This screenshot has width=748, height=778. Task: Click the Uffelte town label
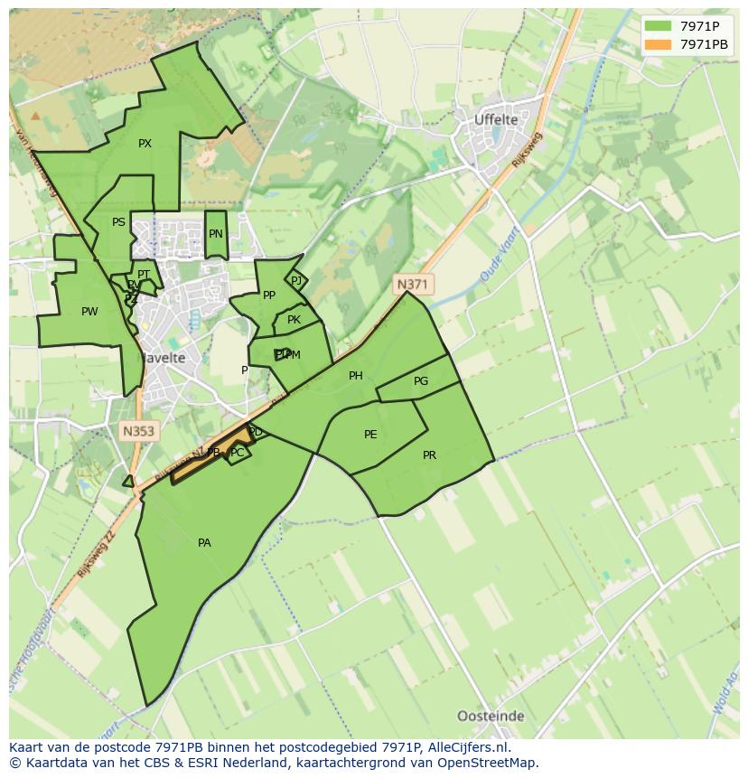(496, 119)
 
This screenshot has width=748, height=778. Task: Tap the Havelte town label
(163, 358)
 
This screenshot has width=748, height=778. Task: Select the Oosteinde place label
(491, 716)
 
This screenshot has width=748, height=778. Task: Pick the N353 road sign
(138, 432)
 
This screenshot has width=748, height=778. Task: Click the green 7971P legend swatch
(657, 25)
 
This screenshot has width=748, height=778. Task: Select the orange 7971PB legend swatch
(657, 43)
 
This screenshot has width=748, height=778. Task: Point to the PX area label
(145, 144)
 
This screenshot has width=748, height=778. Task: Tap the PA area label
(204, 543)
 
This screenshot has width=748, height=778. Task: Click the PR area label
(429, 455)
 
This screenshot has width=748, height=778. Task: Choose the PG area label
(421, 381)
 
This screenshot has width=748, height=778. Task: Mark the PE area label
(370, 435)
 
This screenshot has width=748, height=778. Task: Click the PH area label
(356, 376)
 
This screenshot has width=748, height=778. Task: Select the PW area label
(89, 312)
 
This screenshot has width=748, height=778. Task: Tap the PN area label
(215, 234)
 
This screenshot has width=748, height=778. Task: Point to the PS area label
(118, 222)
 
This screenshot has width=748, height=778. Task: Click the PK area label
(294, 320)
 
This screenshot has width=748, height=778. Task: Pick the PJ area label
(296, 281)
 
